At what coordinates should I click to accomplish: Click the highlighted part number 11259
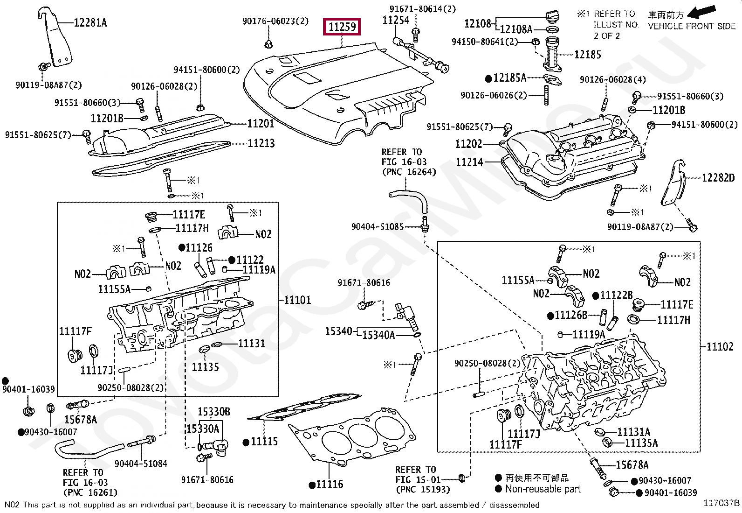click(342, 27)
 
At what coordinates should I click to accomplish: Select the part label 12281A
click(90, 23)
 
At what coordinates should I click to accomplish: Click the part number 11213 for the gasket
click(261, 143)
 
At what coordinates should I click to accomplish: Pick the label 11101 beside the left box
click(297, 300)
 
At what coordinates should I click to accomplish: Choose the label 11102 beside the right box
click(720, 347)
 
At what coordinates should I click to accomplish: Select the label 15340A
click(378, 335)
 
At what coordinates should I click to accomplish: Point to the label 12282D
click(718, 178)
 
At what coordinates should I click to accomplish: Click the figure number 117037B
click(721, 503)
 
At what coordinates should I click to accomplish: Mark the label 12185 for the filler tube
click(587, 55)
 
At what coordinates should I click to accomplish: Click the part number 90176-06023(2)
click(275, 21)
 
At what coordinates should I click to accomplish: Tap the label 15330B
click(214, 412)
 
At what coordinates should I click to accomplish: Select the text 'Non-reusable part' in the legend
click(543, 489)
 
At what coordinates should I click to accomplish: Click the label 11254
click(396, 20)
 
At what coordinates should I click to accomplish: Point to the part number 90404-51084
click(141, 464)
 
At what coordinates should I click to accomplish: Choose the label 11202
click(468, 144)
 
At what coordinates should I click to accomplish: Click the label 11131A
click(634, 432)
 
